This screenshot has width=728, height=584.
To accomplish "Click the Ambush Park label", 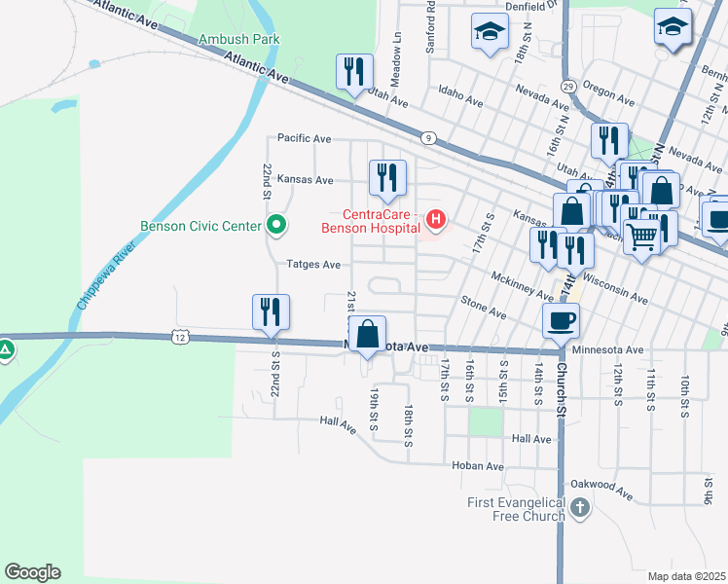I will (238, 40).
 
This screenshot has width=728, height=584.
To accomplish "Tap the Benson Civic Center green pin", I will (276, 226).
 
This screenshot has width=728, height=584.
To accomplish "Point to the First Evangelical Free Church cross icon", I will (580, 507).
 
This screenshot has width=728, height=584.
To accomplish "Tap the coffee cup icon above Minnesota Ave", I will (562, 319).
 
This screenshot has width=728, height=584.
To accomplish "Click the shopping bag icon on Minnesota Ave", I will (369, 334).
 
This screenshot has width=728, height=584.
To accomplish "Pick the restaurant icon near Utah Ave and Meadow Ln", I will (353, 71).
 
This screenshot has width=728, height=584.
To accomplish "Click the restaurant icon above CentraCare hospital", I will (387, 176).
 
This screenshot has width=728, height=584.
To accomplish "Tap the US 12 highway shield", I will (180, 337).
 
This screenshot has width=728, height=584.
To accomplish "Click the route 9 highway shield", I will (428, 139).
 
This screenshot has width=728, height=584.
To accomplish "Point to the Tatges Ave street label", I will (312, 264).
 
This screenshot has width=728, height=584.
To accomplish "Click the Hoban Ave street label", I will (477, 466).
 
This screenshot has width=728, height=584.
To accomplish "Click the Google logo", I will (32, 571).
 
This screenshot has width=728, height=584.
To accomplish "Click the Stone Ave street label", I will (484, 308).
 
